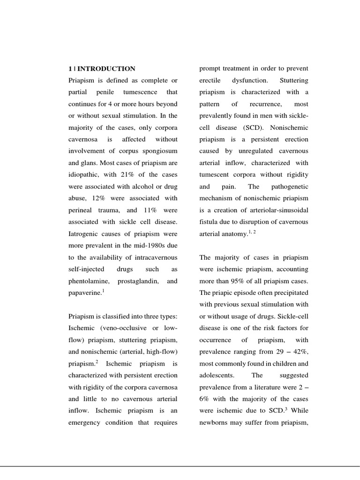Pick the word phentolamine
89,281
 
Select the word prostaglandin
138,281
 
